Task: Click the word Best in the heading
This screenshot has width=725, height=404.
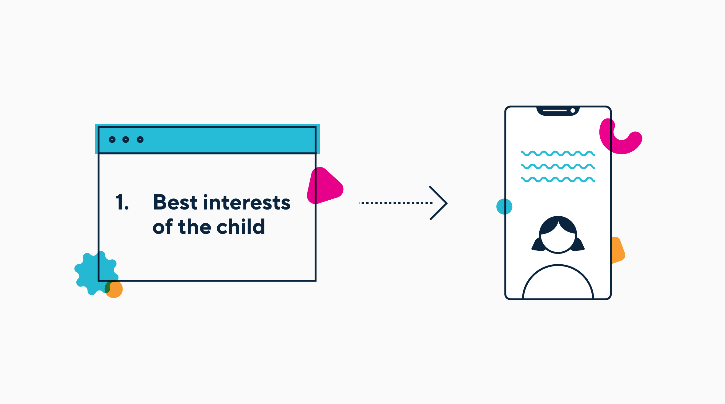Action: click(x=175, y=202)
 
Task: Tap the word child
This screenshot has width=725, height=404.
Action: click(x=241, y=226)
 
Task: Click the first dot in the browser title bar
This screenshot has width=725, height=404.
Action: click(x=112, y=140)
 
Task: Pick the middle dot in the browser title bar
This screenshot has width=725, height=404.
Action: click(x=126, y=140)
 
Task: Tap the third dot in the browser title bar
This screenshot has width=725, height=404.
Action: click(x=140, y=140)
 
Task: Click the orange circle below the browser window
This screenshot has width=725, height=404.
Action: click(x=114, y=289)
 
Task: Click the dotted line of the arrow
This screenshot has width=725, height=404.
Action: click(x=396, y=203)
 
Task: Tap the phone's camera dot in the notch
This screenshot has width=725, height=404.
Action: click(x=573, y=110)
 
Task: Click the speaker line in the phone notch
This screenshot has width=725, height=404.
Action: click(x=555, y=110)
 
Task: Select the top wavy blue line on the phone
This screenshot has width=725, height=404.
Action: click(x=558, y=154)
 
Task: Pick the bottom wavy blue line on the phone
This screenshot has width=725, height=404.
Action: click(x=558, y=179)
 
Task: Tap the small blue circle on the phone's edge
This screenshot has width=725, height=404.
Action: click(x=504, y=206)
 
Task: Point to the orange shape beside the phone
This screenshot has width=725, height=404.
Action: click(x=618, y=250)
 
